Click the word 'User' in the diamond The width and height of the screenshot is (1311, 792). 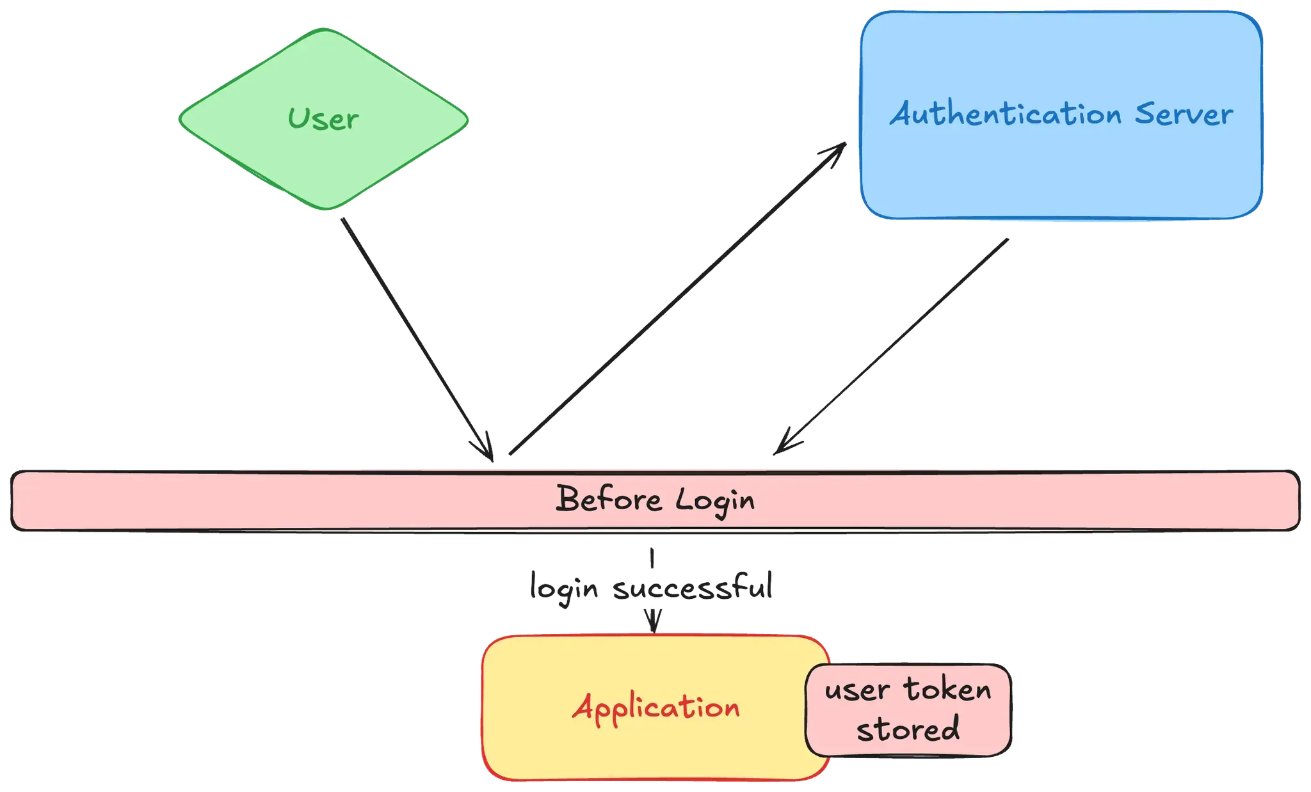coord(323,119)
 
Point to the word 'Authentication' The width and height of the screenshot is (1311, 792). coord(1005,115)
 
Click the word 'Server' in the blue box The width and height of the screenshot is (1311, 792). coord(1184,115)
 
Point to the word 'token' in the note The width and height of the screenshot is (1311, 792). coord(947,690)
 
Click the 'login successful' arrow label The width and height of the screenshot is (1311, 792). coord(652,586)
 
